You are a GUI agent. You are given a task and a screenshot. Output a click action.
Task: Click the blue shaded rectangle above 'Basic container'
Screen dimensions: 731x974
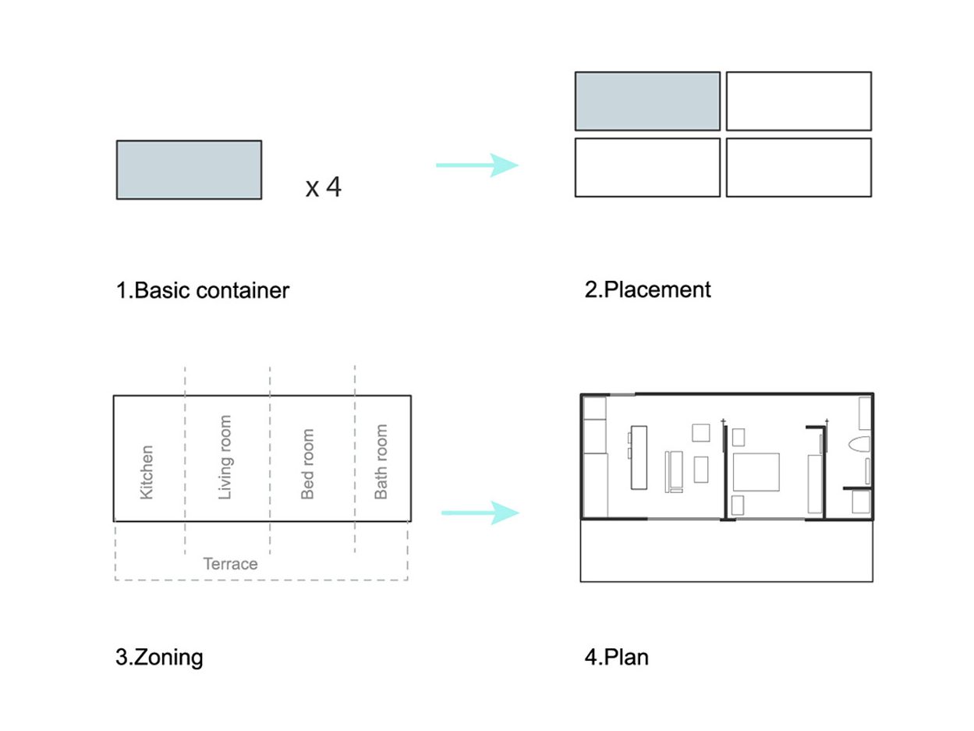point(189,169)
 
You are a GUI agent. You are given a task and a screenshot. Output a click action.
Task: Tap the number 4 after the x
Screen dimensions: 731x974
point(333,186)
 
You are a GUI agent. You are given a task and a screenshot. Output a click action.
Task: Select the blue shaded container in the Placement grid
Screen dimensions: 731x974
point(647,101)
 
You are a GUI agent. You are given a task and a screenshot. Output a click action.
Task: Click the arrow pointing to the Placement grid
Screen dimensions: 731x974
point(477,165)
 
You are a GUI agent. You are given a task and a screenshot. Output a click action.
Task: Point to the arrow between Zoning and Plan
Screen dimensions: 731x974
point(480,513)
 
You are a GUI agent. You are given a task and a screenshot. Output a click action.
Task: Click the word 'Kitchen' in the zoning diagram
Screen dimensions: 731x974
point(147,471)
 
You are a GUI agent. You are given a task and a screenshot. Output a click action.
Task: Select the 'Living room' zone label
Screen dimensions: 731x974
point(225,457)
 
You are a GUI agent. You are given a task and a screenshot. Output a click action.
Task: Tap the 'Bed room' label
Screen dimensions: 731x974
point(307,463)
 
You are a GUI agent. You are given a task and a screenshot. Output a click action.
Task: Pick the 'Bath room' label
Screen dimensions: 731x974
point(381,461)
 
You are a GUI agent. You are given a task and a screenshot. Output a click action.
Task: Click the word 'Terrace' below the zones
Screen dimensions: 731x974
point(230,563)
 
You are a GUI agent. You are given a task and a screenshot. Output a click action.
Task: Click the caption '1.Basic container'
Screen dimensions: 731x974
point(203,290)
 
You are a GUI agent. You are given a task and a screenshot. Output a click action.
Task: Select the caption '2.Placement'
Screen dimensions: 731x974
point(647,289)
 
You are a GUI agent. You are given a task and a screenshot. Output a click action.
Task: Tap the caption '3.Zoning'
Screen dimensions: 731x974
point(159,657)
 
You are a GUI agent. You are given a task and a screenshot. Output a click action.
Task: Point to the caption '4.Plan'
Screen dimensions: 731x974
point(616,657)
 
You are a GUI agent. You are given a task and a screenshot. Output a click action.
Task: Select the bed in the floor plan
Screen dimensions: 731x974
point(755,471)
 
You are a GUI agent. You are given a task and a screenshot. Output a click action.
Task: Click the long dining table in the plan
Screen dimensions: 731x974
point(639,457)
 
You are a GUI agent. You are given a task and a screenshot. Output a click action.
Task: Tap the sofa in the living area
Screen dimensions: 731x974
point(674,471)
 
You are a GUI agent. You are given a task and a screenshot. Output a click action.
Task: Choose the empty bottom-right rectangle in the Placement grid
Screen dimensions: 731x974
point(799,167)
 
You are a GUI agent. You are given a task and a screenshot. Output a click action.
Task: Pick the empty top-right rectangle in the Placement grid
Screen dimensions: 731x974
point(799,101)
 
